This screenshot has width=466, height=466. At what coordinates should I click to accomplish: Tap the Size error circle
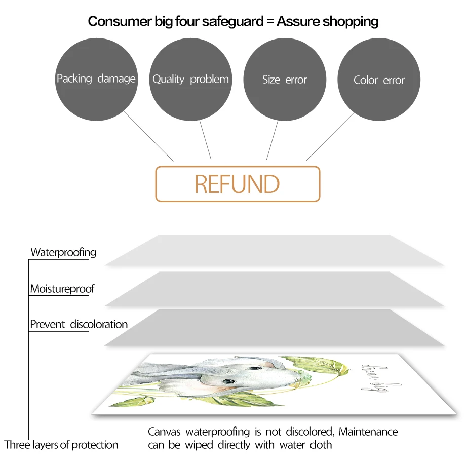(x=284, y=80)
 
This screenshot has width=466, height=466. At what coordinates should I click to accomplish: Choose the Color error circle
(x=379, y=80)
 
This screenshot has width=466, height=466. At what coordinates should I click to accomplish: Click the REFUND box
(x=238, y=184)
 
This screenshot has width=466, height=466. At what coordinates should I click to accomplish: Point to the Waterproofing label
(x=63, y=252)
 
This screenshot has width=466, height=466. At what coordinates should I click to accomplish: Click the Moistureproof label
(x=62, y=289)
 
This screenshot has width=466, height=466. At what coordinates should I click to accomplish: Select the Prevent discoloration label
(x=79, y=324)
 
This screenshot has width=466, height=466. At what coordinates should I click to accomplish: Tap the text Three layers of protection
(x=61, y=445)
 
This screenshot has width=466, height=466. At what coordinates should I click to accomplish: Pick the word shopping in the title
(x=351, y=21)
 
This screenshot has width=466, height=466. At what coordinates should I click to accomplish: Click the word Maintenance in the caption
(x=368, y=432)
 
